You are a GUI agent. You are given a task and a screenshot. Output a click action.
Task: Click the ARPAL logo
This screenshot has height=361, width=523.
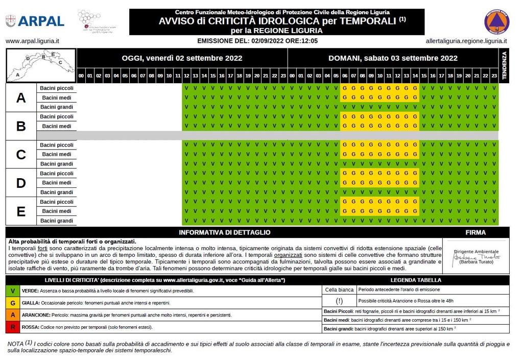click(x=35, y=21)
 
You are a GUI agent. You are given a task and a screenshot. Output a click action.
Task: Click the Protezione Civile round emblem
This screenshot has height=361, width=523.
click(x=496, y=22)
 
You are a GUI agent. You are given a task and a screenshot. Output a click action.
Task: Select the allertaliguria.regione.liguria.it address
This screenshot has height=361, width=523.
click(x=466, y=41)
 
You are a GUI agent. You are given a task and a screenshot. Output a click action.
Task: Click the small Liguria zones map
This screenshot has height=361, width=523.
click(x=41, y=65)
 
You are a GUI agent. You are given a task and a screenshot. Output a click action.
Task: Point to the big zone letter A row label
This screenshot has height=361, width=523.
click(x=21, y=98)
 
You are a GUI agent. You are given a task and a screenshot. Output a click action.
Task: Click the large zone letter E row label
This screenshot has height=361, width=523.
click(x=21, y=211)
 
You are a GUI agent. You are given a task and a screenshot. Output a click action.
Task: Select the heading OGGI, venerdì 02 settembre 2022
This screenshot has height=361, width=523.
click(x=182, y=58)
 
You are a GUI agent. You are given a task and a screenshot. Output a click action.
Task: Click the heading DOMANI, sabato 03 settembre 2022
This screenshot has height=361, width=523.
click(x=392, y=58)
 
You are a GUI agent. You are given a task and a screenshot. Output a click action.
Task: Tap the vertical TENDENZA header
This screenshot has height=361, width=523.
click(x=504, y=65)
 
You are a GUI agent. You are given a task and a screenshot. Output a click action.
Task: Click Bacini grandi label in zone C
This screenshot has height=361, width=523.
click(x=57, y=164)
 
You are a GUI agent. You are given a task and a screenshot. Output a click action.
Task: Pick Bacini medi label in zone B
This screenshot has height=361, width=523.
click(x=57, y=126)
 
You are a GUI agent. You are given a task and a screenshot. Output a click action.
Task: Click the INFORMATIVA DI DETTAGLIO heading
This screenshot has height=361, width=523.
click(x=225, y=232)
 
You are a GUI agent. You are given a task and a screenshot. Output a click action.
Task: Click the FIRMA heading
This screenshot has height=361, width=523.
click(x=476, y=232)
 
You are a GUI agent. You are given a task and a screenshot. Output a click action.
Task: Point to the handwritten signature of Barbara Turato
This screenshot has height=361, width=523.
click(x=478, y=257)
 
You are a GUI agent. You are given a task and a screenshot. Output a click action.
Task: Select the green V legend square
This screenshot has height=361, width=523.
click(x=12, y=291)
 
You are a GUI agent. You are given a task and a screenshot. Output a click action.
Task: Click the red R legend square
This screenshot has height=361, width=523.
click(x=12, y=327)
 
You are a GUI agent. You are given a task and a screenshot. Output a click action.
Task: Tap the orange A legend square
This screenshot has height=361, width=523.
click(x=12, y=315)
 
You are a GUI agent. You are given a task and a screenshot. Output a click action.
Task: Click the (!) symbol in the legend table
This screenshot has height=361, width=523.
click(x=339, y=301)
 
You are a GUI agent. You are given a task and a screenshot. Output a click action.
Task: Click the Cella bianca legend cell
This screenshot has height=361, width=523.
click(x=339, y=290)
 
